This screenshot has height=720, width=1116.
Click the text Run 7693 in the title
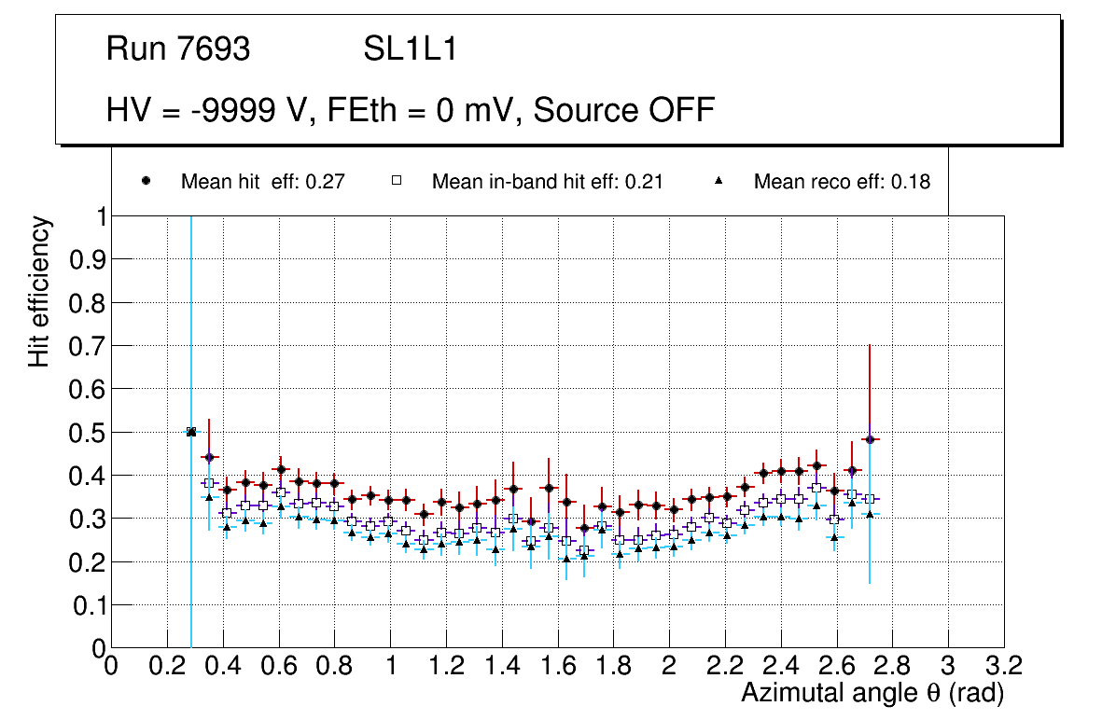(178, 49)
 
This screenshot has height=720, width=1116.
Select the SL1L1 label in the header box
(411, 49)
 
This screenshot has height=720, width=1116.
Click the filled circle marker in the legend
(146, 182)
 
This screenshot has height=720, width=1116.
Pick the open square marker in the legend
(397, 182)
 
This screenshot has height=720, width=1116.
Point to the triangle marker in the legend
(718, 182)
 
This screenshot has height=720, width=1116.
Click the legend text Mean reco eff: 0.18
(842, 182)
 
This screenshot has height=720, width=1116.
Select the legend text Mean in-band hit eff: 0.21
(547, 182)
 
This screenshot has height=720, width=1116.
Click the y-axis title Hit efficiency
(39, 291)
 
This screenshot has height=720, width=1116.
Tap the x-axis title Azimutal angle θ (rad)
(872, 693)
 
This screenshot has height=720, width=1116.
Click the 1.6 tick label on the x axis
(557, 667)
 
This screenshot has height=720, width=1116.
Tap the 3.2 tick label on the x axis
(1003, 667)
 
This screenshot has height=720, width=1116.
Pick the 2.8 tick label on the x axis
(892, 667)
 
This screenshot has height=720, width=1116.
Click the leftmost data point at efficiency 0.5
(191, 432)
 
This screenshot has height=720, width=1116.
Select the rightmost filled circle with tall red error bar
(870, 439)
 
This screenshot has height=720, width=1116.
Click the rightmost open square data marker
(870, 499)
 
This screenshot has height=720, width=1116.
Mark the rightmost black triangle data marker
(870, 514)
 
